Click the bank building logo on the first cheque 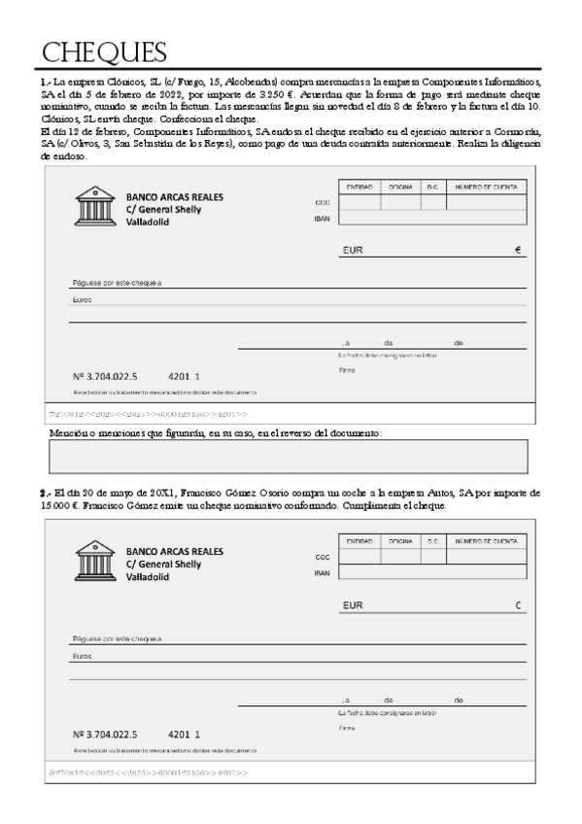(x=95, y=207)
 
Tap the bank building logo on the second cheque (x=95, y=561)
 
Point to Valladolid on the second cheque (x=147, y=576)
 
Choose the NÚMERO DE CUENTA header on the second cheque (x=487, y=539)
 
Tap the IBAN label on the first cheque (x=322, y=219)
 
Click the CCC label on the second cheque (x=323, y=557)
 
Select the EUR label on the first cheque (x=353, y=251)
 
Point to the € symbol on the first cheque (x=518, y=251)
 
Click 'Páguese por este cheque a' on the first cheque (x=117, y=283)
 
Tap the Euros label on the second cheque (x=82, y=656)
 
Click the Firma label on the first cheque (x=347, y=370)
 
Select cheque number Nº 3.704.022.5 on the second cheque (x=105, y=734)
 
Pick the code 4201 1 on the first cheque (x=184, y=375)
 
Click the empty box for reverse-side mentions (x=288, y=456)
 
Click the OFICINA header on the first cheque (x=400, y=186)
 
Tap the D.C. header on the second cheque (x=433, y=539)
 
